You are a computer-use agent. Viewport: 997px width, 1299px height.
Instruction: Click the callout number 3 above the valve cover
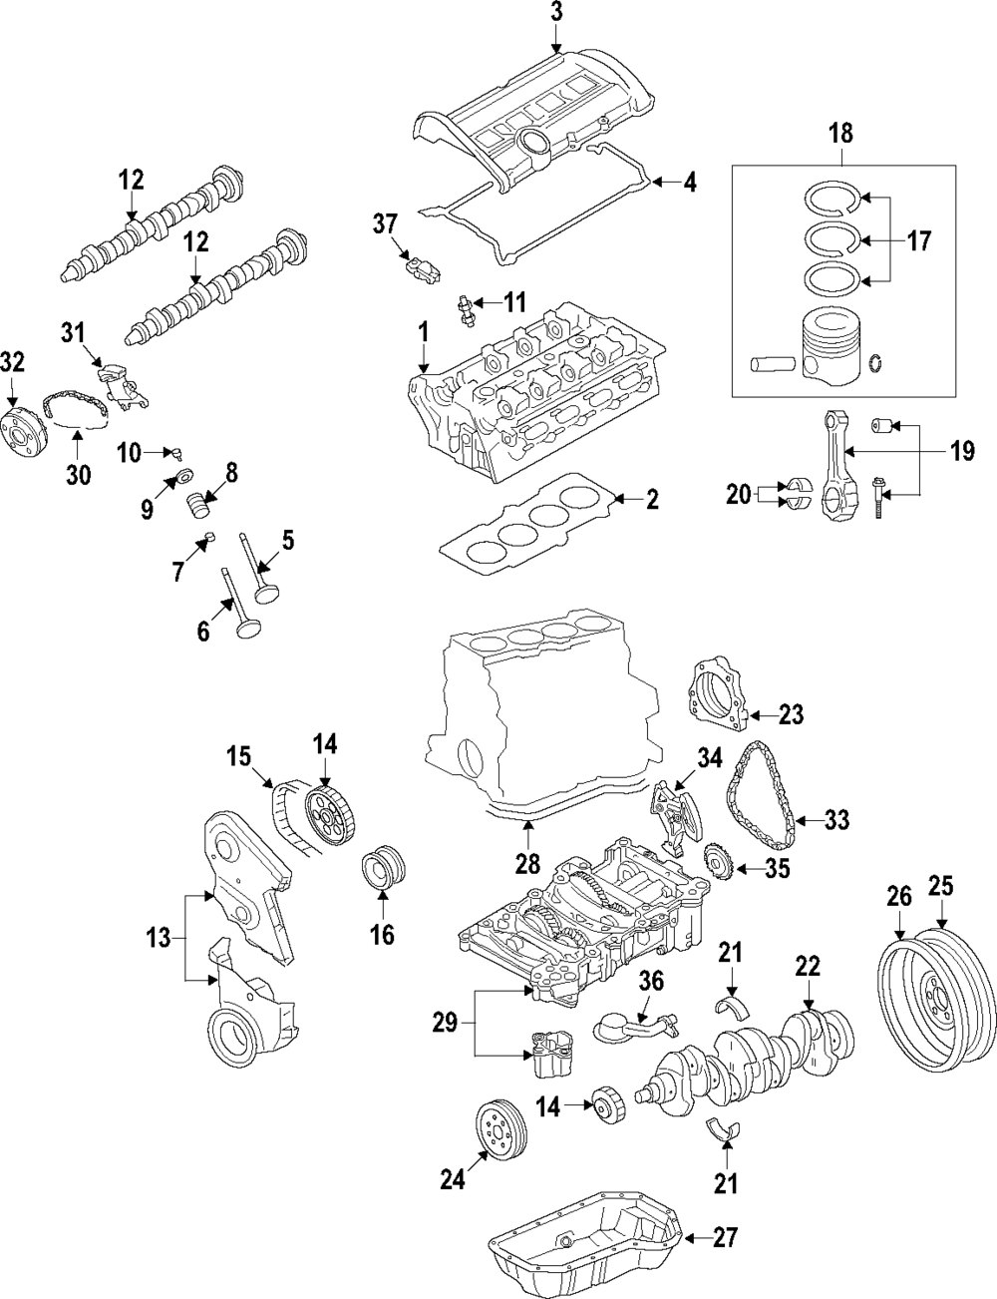[556, 13]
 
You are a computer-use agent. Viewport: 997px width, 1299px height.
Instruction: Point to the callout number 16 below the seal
[383, 934]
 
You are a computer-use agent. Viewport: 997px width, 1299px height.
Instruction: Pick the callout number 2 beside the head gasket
[651, 500]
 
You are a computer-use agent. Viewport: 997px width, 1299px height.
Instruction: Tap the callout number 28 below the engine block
[524, 863]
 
